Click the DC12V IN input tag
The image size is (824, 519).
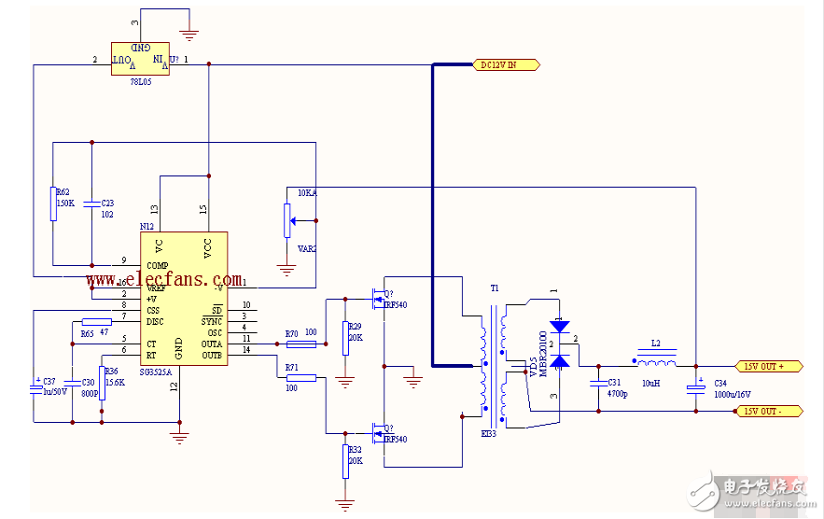tap(508, 65)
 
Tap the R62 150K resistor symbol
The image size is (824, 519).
tap(53, 203)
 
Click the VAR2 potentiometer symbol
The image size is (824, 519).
tap(286, 220)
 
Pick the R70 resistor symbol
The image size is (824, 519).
tap(307, 344)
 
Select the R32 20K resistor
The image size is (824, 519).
tap(346, 460)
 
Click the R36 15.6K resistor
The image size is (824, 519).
tap(102, 382)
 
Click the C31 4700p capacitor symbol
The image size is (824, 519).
tap(598, 383)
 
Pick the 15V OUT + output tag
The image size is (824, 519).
tap(771, 367)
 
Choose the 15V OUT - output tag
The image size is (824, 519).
tap(771, 411)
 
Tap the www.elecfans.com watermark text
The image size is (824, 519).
tap(163, 278)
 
